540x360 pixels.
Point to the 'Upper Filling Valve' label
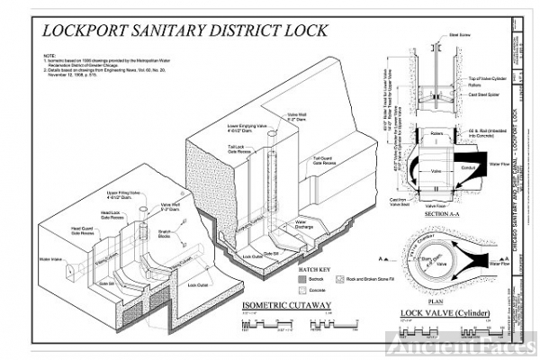coord(123,195)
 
